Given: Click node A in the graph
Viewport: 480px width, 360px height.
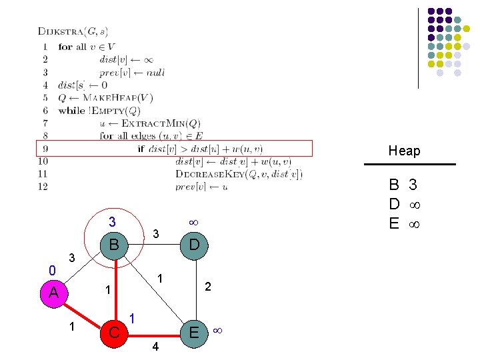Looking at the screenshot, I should click(54, 293).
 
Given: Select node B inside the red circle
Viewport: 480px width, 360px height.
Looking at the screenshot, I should click(115, 245).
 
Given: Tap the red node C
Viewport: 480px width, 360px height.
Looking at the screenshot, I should click(115, 331).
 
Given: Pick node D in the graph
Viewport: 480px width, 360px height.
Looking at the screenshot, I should click(194, 245).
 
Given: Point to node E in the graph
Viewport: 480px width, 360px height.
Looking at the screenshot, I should click(194, 331).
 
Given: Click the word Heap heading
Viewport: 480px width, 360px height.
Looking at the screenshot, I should click(405, 151).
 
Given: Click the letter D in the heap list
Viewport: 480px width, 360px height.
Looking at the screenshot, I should click(394, 203).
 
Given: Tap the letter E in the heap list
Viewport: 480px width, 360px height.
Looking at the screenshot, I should click(394, 223).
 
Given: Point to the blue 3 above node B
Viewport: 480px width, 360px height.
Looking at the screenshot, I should click(113, 222).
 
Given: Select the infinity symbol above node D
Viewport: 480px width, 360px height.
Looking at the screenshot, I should click(193, 221).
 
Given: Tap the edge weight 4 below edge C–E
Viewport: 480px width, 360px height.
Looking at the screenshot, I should click(155, 347).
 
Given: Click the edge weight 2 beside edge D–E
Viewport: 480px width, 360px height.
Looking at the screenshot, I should click(208, 287).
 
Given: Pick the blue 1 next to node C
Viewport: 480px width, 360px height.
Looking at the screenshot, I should click(133, 319).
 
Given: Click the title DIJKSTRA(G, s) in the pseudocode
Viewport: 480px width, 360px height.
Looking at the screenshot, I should click(73, 31).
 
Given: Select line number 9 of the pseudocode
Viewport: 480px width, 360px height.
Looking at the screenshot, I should click(43, 149).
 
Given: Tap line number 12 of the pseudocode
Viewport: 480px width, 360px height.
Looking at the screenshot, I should click(43, 187).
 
